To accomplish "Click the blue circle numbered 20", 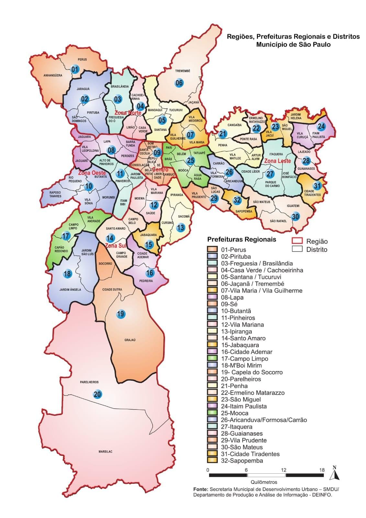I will (x=97, y=394).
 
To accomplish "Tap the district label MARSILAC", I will (x=105, y=452).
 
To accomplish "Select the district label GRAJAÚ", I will (x=130, y=340).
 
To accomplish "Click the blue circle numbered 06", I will (x=179, y=83).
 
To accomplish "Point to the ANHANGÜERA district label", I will (x=53, y=75).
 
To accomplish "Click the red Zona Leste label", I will (x=277, y=161).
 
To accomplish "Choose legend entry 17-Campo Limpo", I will (x=244, y=359).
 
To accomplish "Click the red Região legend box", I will (x=297, y=241).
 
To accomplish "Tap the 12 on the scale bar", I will (x=283, y=470).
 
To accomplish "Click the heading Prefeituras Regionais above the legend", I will (x=241, y=240).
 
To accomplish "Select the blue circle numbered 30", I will (x=295, y=217).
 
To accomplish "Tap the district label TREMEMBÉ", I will (x=183, y=71).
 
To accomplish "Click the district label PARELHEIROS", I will (x=89, y=382).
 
